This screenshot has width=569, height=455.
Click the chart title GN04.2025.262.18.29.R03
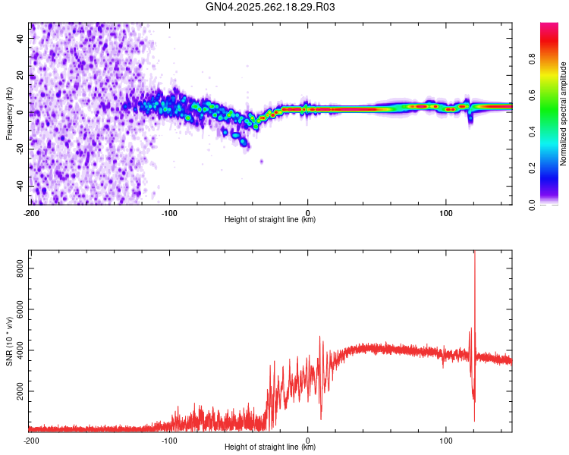270,7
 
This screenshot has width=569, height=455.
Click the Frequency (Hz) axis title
9,113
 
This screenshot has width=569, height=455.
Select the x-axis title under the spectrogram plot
270,219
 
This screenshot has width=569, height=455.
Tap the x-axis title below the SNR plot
270,447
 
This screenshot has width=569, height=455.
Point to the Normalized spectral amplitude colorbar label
564,114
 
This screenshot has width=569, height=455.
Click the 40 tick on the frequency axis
20,39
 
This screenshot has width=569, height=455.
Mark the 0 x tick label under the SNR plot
307,439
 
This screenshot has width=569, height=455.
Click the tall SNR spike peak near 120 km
474,253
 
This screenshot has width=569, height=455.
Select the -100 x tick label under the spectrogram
169,212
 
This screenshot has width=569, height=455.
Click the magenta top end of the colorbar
549,27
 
